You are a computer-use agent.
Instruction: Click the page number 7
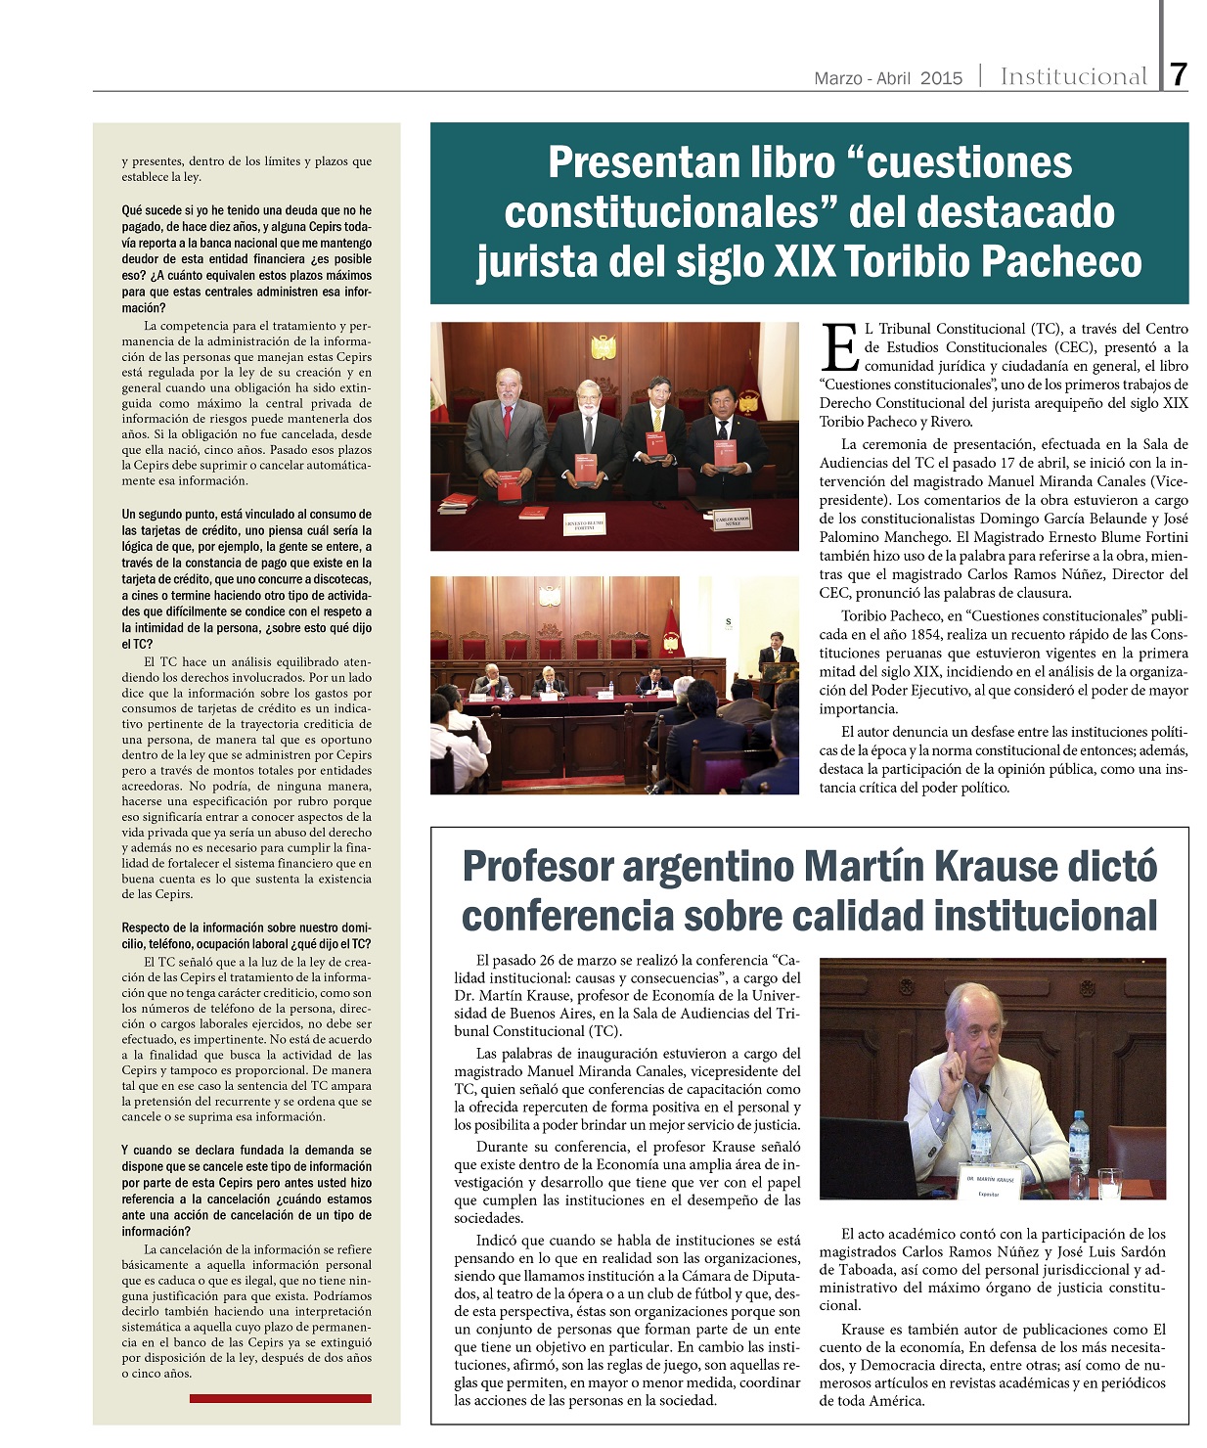(1178, 75)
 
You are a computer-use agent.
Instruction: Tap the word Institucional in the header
(1073, 76)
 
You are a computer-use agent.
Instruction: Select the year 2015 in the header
(941, 78)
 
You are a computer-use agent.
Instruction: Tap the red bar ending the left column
(280, 1398)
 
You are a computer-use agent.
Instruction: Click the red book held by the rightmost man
(724, 455)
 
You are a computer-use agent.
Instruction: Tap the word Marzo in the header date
(837, 78)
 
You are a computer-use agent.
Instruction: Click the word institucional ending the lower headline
(1046, 917)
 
